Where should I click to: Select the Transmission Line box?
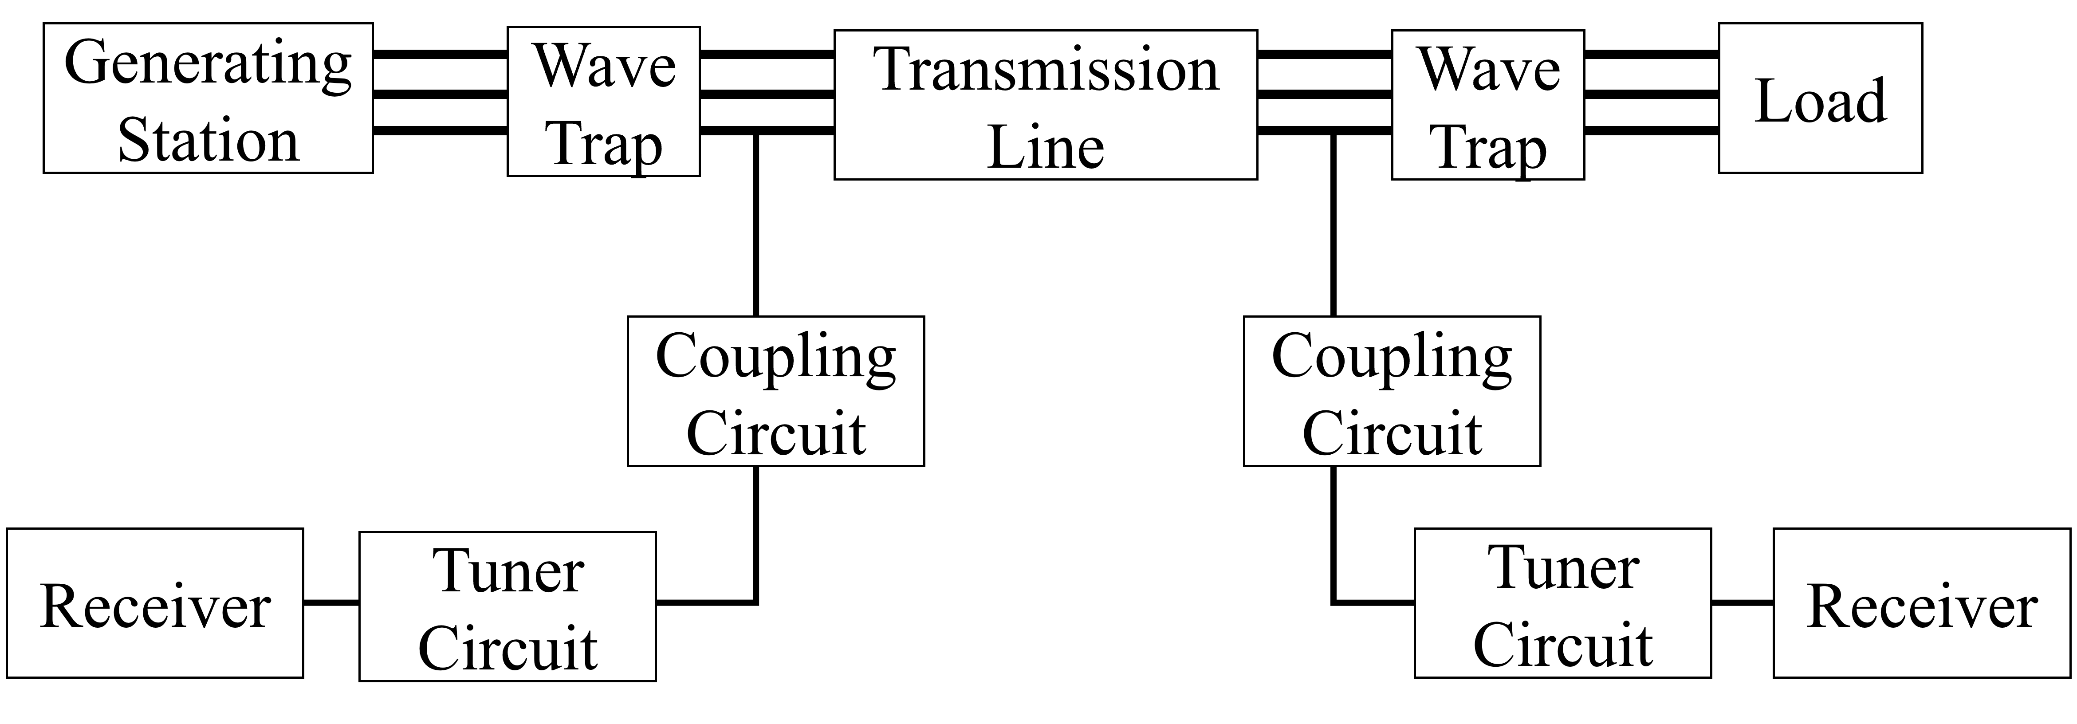click(1045, 105)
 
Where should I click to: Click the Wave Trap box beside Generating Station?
click(603, 102)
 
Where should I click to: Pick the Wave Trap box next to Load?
click(1487, 105)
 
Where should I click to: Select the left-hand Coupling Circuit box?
click(775, 391)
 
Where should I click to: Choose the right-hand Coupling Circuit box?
click(1392, 391)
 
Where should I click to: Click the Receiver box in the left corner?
click(155, 603)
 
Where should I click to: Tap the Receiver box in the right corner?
click(1922, 603)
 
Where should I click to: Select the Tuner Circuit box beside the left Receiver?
click(507, 606)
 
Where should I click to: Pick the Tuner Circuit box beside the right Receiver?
click(1562, 603)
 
